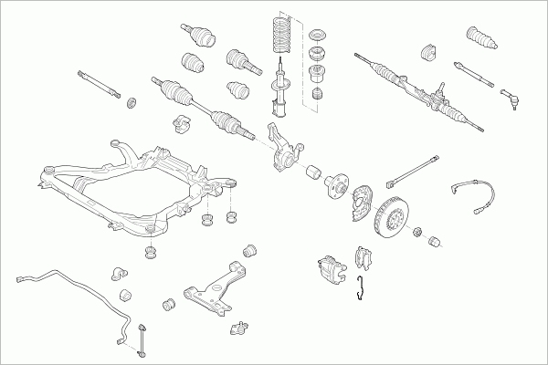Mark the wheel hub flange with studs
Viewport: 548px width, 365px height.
[333, 182]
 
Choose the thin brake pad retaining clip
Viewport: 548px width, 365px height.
[363, 286]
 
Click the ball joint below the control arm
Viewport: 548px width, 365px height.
[240, 326]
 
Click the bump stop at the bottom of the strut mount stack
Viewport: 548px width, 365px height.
[319, 96]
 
